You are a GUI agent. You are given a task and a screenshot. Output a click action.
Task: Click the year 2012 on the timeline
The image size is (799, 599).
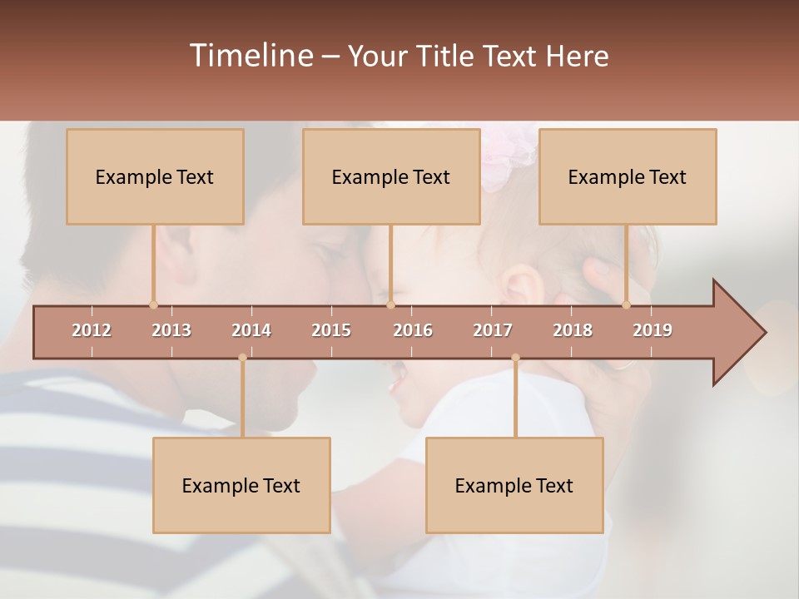click(92, 330)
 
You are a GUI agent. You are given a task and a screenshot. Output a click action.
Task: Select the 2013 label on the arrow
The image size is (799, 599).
click(171, 330)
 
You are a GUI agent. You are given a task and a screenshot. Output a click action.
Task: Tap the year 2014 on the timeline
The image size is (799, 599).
click(251, 330)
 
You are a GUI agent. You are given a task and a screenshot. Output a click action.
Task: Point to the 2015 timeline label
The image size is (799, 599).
click(331, 330)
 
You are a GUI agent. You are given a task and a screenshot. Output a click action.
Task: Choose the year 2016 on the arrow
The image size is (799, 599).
click(413, 330)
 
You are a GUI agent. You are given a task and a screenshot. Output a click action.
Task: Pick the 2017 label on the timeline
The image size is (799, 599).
click(493, 330)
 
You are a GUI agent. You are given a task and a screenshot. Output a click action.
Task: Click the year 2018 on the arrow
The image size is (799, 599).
click(573, 330)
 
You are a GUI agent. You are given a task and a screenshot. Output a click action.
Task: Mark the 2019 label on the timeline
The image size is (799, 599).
click(653, 330)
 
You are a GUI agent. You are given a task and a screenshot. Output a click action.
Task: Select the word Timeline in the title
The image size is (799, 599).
click(250, 56)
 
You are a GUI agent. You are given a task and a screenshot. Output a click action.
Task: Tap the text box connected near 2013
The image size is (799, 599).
click(155, 176)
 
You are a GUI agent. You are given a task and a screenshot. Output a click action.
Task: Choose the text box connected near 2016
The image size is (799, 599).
click(391, 176)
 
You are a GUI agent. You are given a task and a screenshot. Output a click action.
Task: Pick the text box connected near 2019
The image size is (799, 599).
click(628, 176)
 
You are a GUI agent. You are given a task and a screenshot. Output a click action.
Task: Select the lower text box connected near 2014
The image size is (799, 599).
click(241, 485)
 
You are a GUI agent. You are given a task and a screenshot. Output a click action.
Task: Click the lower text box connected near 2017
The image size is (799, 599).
click(514, 485)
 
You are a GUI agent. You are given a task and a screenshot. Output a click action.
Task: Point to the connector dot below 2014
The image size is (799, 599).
click(242, 358)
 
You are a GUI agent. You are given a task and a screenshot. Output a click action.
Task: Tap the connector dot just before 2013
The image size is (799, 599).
click(153, 304)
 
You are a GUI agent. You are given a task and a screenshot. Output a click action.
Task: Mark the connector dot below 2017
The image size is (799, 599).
click(515, 358)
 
